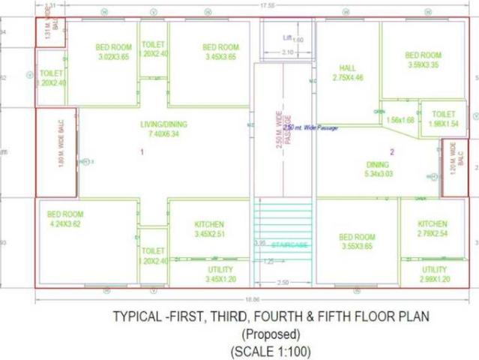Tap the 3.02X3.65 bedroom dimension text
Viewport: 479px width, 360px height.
113,56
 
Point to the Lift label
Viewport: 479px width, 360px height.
288,37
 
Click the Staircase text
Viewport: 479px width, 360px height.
289,244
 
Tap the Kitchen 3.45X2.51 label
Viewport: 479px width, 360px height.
209,229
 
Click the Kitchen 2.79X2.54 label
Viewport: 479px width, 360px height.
433,229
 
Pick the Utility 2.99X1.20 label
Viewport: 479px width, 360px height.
435,274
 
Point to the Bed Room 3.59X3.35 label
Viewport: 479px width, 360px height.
424,59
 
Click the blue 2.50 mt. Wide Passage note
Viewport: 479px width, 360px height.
310,127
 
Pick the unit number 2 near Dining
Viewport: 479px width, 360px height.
391,152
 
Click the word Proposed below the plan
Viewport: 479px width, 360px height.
271,334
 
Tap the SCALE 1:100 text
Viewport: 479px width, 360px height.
271,350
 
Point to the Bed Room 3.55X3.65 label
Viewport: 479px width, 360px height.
357,241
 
